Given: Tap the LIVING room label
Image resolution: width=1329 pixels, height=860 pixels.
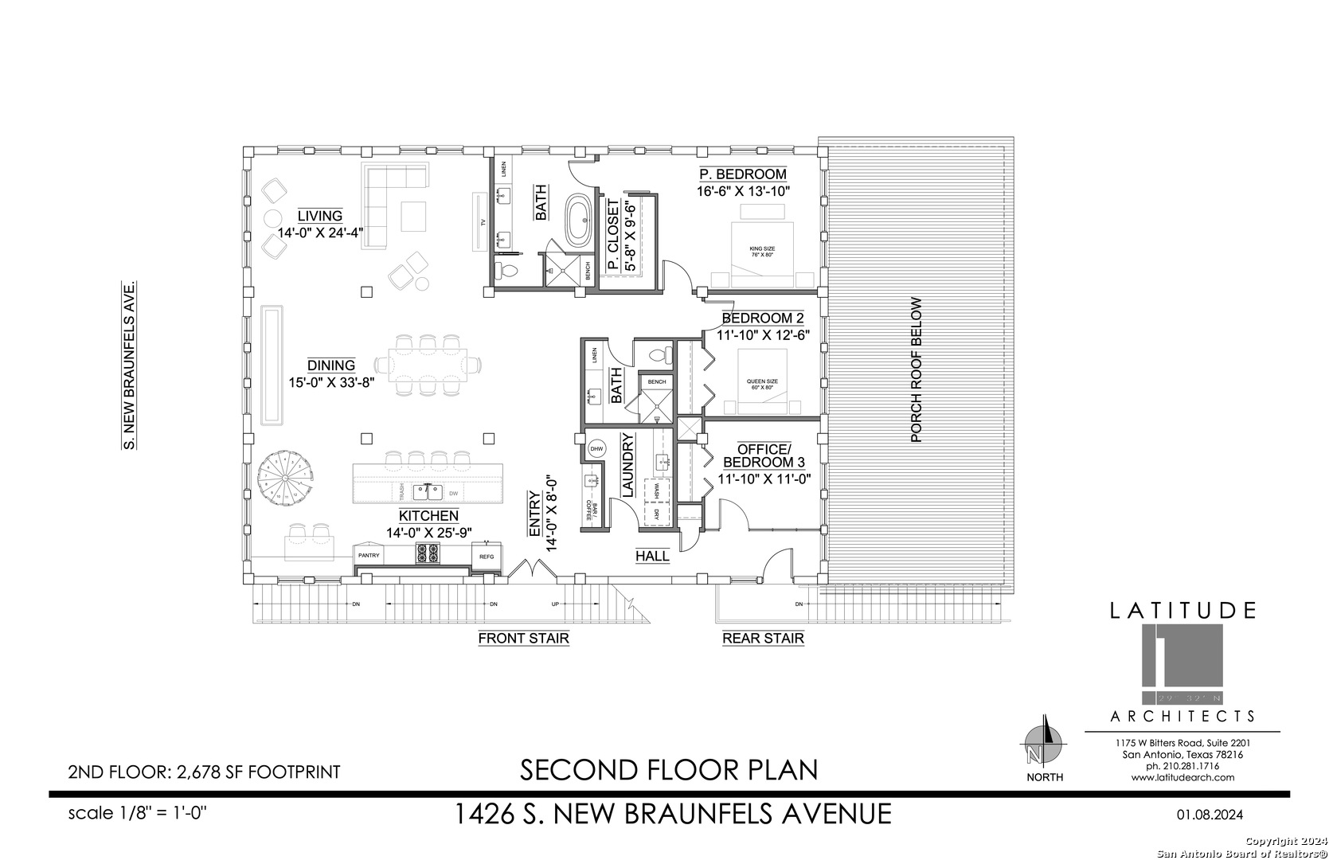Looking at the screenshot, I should pyautogui.click(x=320, y=216).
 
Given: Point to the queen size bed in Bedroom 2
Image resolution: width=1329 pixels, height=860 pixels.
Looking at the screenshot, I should pyautogui.click(x=762, y=382).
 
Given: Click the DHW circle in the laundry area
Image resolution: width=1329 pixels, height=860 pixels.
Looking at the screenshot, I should pyautogui.click(x=596, y=450).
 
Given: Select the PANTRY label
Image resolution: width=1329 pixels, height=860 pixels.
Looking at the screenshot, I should pyautogui.click(x=368, y=554).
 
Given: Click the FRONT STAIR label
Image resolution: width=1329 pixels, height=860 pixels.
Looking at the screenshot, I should pyautogui.click(x=523, y=638).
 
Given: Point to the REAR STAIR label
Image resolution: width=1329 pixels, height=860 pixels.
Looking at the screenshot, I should pyautogui.click(x=763, y=638).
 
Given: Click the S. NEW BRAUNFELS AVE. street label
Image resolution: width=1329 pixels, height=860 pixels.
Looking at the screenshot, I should pyautogui.click(x=127, y=365).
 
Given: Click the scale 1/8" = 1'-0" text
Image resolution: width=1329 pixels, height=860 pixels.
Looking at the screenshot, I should pyautogui.click(x=138, y=813).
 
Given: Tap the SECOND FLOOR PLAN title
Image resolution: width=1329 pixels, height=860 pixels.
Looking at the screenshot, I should pyautogui.click(x=669, y=770).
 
